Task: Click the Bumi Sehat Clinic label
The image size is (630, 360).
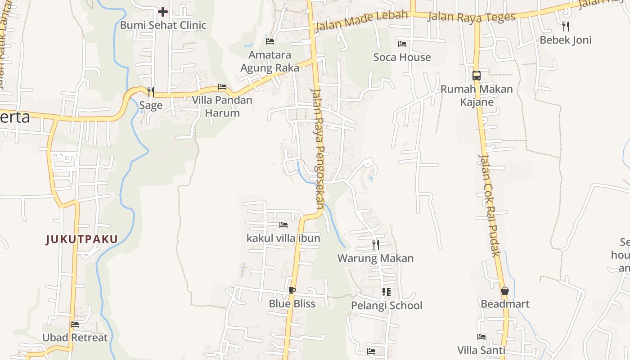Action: coord(163,25)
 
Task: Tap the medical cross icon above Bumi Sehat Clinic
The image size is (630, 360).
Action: coord(163,12)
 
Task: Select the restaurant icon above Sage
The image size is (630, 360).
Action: coord(151,92)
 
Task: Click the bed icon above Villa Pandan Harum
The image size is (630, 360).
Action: coord(222,87)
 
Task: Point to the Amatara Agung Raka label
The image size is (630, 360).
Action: coord(270,62)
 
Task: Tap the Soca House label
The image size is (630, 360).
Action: coord(402,57)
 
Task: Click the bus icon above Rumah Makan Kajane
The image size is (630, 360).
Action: coord(477,76)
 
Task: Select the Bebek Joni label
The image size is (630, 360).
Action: coord(566,40)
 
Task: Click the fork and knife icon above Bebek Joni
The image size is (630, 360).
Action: coord(566,26)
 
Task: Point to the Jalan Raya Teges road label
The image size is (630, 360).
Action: coord(471,17)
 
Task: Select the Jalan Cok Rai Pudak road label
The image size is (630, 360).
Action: coord(490,205)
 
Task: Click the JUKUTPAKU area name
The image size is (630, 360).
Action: coord(82,239)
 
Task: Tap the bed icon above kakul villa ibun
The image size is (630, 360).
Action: coord(283,225)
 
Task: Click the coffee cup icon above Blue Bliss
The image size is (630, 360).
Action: coord(292,290)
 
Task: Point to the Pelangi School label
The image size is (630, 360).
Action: coord(387,306)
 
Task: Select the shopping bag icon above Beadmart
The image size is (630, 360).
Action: coord(505,291)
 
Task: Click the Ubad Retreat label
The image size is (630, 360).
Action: coord(75,337)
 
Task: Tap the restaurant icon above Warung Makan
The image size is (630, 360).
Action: coord(375,245)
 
